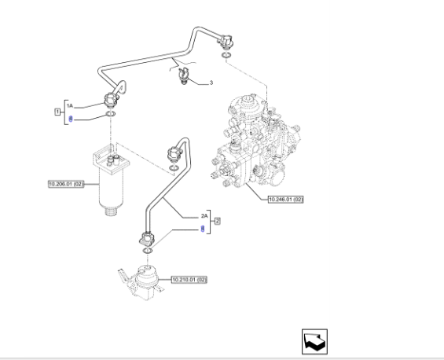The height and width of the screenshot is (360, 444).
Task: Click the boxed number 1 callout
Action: (x=57, y=112)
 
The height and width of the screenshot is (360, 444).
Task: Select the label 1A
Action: (x=69, y=105)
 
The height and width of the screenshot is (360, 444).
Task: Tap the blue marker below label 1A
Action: (x=70, y=119)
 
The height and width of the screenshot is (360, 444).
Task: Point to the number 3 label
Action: (x=211, y=81)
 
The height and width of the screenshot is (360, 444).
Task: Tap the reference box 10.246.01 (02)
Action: (x=284, y=199)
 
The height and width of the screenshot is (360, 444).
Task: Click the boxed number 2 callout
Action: (x=216, y=222)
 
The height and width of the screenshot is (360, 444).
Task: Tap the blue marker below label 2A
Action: (x=203, y=228)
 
